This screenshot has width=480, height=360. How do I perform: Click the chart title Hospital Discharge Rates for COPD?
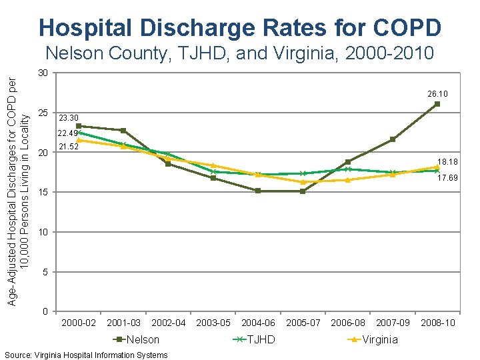[240, 27]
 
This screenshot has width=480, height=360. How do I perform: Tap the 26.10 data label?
[437, 94]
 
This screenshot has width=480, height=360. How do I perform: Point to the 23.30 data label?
[69, 118]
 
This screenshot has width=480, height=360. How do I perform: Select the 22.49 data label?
[69, 133]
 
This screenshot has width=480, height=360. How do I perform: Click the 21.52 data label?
[69, 147]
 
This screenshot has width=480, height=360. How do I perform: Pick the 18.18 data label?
[447, 162]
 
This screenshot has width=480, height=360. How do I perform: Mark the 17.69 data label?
[447, 178]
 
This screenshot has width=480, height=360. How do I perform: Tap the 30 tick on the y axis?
[42, 73]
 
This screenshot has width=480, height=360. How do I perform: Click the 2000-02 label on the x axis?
[79, 323]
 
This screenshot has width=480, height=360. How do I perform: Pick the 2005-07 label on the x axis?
[303, 323]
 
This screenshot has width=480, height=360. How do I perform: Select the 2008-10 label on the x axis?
[438, 323]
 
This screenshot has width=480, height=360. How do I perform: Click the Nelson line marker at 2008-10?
[437, 104]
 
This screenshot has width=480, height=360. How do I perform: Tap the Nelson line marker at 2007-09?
[393, 139]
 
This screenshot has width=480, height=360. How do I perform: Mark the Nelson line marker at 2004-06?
[258, 191]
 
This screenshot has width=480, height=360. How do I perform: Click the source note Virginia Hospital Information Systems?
[86, 355]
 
